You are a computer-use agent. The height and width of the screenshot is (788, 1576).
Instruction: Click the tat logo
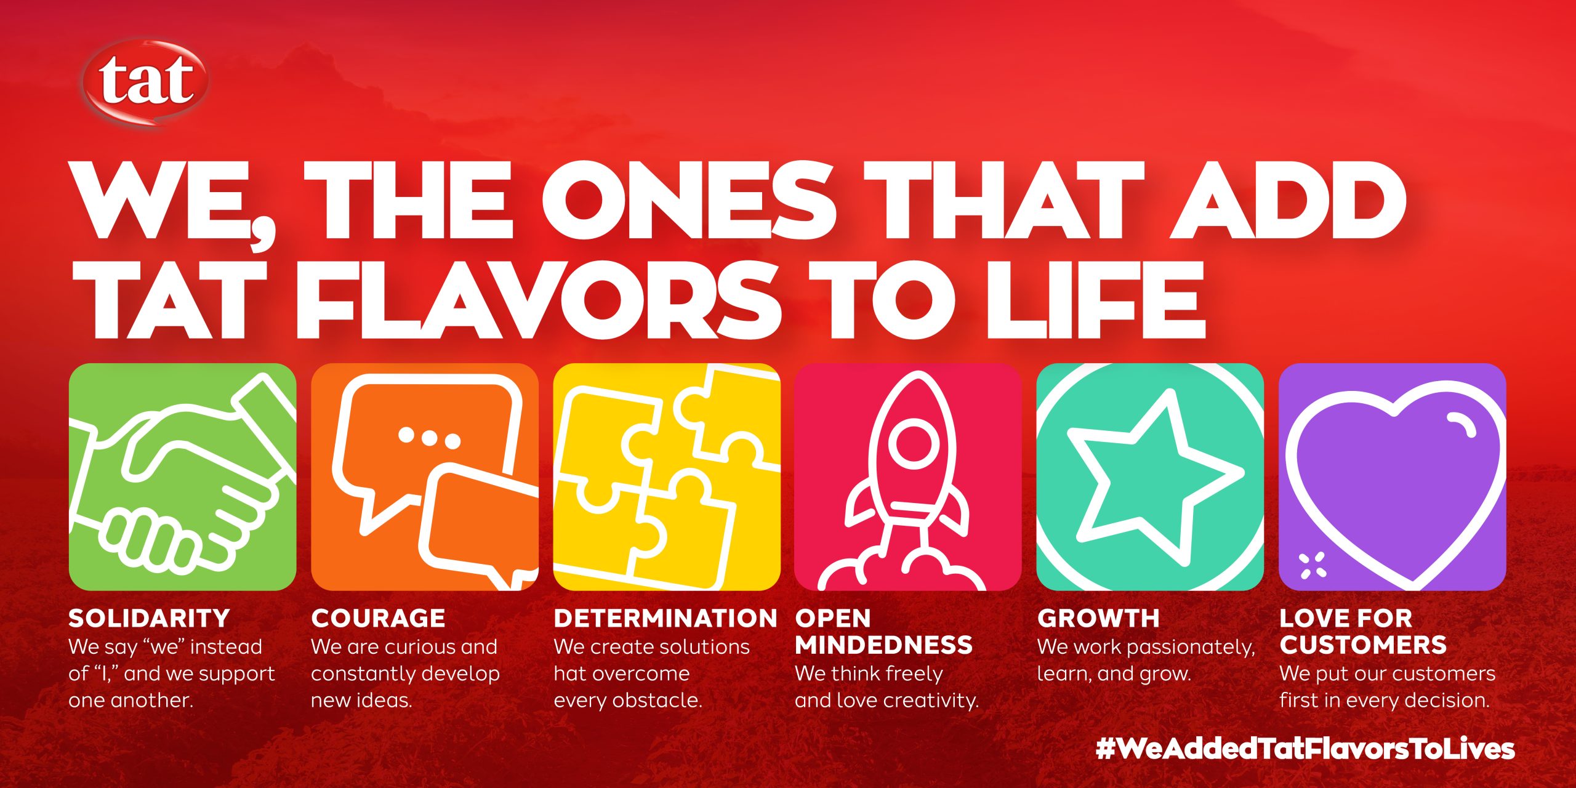pos(146,81)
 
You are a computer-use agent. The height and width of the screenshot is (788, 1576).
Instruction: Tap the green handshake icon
pos(183,477)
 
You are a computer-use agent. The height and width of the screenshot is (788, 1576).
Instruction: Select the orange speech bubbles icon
pos(425,477)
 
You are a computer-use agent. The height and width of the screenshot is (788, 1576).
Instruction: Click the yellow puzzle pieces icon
pos(667,477)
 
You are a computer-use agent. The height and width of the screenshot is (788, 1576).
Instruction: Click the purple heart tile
pos(1393,477)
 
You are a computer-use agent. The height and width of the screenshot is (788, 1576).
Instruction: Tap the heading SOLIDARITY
pos(149,618)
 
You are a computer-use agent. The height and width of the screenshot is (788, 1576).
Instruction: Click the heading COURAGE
pos(378,618)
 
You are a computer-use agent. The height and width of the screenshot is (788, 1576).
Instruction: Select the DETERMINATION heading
pos(665,618)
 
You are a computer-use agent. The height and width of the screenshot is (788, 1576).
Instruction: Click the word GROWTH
pos(1098,618)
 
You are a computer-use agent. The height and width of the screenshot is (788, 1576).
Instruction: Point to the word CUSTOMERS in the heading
pos(1363,645)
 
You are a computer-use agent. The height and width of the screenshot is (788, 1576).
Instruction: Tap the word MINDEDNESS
pos(884,645)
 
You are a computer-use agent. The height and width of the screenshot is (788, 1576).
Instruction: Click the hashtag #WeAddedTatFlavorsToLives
pos(1305,749)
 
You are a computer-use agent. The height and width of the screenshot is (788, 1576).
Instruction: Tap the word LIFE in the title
pos(1093,299)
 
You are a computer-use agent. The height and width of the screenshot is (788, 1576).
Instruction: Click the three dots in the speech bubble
pos(429,437)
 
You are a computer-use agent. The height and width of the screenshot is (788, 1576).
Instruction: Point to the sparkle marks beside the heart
pos(1313,566)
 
